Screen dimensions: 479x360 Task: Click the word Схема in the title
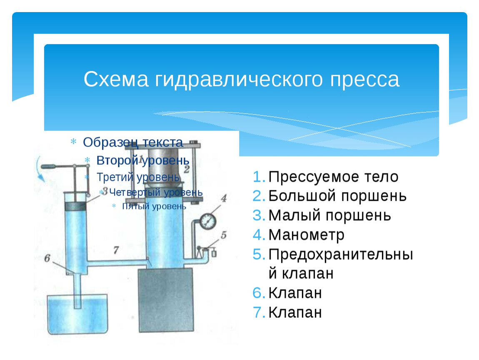pos(116,79)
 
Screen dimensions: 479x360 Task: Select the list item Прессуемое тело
pos(333,177)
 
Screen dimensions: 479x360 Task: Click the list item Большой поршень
pos(337,196)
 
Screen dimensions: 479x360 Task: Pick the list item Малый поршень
pos(329,215)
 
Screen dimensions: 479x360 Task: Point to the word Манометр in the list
pos(307,235)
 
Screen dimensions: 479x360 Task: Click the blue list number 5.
pos(259,254)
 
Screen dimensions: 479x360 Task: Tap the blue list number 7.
pos(259,312)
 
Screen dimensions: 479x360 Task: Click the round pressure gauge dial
pos(208,221)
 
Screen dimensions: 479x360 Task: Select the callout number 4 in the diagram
pos(224,198)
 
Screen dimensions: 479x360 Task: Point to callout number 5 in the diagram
pos(224,235)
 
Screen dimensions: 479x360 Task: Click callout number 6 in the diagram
pos(47,258)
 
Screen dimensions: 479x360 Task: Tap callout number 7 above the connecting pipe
pos(116,250)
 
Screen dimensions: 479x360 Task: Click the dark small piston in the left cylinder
pos(75,206)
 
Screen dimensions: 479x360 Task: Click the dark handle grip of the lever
pos(49,167)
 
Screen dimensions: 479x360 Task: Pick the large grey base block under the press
pos(166,300)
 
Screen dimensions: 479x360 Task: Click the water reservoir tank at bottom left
pos(77,314)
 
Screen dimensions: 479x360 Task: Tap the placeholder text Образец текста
pos(133,142)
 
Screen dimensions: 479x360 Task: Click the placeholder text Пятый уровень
pos(154,206)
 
